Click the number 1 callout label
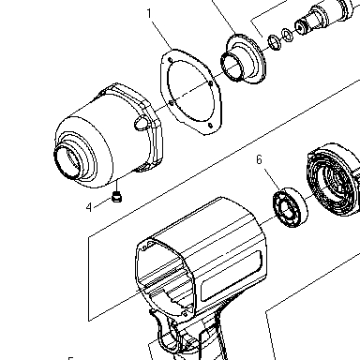149,13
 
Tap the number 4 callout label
89,207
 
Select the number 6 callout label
259,159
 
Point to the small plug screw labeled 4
117,198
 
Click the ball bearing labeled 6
290,207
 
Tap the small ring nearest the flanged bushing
275,42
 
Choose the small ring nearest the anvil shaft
287,35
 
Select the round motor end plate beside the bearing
334,180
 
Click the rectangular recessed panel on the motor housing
232,277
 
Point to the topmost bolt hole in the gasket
170,60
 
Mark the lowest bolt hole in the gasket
210,126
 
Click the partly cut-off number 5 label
71,358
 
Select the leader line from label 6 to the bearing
272,179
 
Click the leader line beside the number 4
102,202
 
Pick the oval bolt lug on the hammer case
142,122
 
